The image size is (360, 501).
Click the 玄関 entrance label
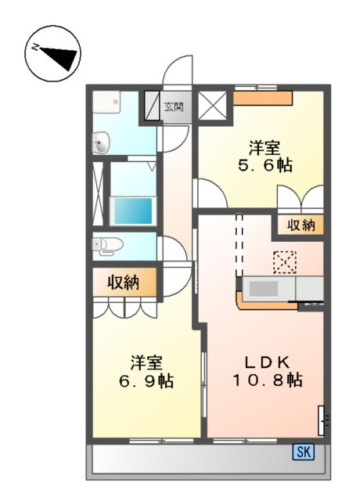[x=174, y=106]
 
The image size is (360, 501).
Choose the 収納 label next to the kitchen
[x=300, y=225]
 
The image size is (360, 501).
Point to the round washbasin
[x=101, y=143]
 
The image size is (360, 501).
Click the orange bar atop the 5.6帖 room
[x=263, y=97]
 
